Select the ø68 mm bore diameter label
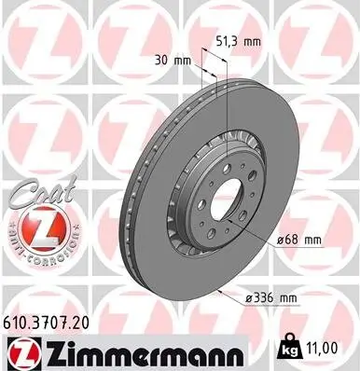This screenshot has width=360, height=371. pos(300,240)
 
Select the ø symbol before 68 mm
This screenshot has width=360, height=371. pos(281,240)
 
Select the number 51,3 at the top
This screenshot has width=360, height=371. pos(228,42)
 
